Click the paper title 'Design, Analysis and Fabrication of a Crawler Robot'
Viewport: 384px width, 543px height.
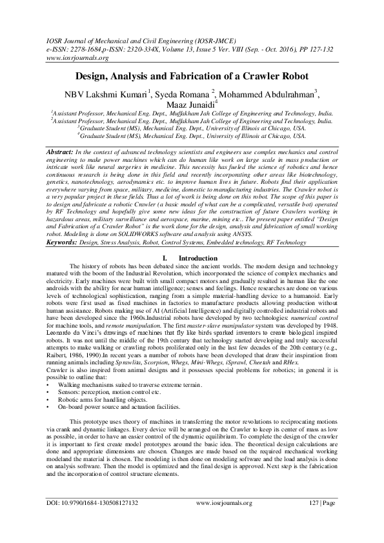tap(192, 75)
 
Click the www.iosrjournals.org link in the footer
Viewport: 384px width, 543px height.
tap(222, 519)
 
